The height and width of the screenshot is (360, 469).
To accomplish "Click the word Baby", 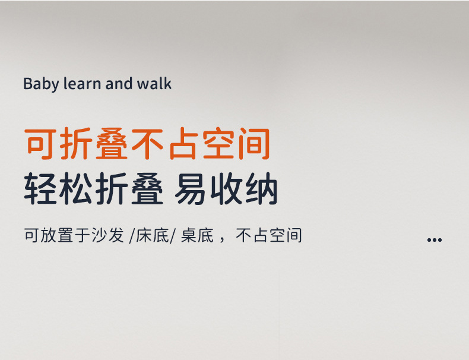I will point(41,84).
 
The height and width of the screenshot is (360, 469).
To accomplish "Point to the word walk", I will point(154,84).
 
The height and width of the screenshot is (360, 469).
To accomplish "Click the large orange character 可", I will point(41,144).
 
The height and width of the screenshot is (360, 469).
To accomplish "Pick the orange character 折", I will point(77,144).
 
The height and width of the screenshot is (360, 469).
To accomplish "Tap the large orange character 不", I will point(147,144).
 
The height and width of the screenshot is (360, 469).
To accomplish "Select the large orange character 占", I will point(182,144).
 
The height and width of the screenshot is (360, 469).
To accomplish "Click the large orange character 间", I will point(253,144).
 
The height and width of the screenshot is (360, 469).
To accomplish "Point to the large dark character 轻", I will point(41,190).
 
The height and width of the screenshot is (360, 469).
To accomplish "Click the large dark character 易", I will point(191,190).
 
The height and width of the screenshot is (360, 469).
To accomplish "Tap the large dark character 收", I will point(227,190).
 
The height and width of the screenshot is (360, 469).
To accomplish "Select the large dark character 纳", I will point(261,190).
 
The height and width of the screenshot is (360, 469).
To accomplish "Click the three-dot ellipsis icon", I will point(435,239).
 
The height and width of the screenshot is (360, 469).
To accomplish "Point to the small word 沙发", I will point(108,236).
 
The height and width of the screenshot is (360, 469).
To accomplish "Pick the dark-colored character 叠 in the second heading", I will point(146,190).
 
